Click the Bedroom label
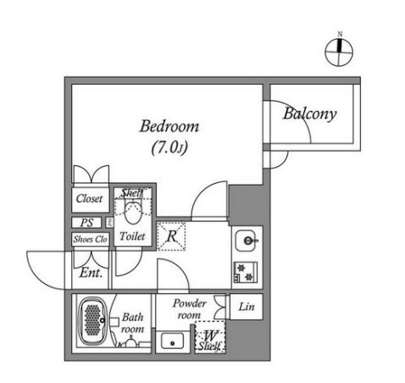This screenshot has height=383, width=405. pos(169,127)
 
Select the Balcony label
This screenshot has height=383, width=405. pos(310,113)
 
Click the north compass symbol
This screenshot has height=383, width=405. pos(339,52)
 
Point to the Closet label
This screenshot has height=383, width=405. pos(89,199)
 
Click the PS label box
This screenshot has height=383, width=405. pos(87,222)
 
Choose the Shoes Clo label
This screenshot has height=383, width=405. pos(89,238)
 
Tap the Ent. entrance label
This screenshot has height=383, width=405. pos(91,273)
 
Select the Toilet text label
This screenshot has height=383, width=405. pos(132,236)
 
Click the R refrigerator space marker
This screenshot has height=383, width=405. pos(171,236)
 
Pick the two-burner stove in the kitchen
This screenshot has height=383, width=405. pos(247,271)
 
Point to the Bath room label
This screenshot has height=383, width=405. pos(132,323)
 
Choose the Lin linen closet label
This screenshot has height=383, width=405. pos(246,306)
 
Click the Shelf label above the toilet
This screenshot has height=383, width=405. pos(132,192)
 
